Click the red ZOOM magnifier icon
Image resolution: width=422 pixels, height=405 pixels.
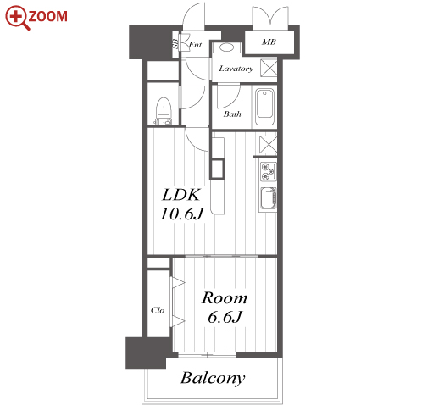click(18, 18)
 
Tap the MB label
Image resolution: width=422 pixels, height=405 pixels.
click(269, 42)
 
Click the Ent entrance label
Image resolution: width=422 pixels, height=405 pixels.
click(195, 45)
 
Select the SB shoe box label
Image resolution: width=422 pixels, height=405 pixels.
click(175, 43)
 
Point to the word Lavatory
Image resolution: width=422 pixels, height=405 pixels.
click(236, 69)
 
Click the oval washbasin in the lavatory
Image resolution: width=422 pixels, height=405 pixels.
click(226, 47)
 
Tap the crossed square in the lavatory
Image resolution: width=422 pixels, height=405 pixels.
click(269, 68)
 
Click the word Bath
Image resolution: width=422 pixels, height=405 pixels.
click(232, 114)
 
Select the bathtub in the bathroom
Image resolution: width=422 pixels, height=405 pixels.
click(264, 107)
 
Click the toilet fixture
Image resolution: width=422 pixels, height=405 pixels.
click(164, 111)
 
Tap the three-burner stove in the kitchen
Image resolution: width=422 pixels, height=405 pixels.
click(268, 172)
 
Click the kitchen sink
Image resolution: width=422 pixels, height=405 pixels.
click(268, 199)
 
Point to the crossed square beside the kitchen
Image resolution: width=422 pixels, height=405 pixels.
click(268, 145)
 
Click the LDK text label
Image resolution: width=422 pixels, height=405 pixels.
click(181, 195)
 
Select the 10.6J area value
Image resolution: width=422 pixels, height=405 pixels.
click(181, 214)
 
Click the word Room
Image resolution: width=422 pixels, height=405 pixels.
click(225, 298)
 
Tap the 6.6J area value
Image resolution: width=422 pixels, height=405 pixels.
click(225, 317)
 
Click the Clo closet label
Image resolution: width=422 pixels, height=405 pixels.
click(158, 310)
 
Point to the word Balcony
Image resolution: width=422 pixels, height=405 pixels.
click(213, 378)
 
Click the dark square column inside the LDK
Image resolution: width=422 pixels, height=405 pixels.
click(217, 169)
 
